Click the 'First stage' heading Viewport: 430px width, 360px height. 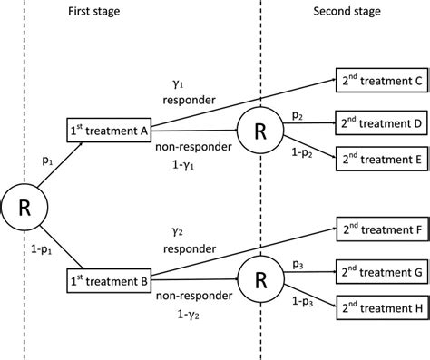[x=94, y=11]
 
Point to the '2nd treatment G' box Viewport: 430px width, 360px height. [x=378, y=271]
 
